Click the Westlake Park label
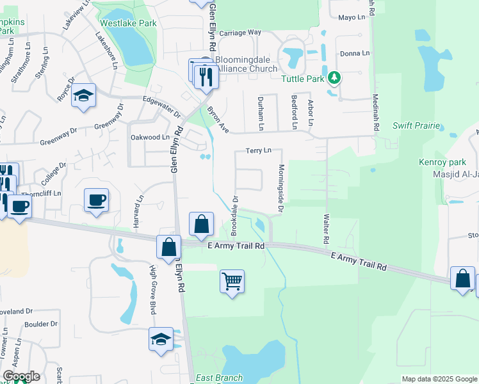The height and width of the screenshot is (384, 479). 129,23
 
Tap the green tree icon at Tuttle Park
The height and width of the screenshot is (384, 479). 333,78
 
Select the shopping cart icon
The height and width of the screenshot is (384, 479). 232,280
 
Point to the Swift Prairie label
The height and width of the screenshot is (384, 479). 416,126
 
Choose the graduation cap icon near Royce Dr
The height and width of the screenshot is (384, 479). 83,95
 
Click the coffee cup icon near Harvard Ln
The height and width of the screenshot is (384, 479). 96,199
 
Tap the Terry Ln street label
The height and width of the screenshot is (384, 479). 259,150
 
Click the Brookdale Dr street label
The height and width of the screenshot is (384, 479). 234,213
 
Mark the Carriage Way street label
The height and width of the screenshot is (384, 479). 241,32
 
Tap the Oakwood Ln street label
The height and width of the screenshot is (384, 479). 150,137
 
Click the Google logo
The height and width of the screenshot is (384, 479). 22,376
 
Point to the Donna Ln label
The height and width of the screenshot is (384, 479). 355,53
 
